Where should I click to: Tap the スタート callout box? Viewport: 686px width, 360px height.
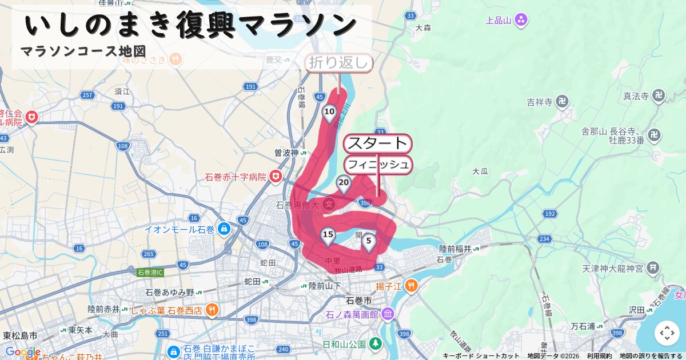[377, 143]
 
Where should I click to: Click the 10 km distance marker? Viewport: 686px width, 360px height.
[329, 112]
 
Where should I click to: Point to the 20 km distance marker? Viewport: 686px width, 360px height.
[344, 184]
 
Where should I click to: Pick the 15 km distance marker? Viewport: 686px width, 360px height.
[328, 235]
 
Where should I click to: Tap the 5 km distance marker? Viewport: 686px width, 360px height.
[369, 241]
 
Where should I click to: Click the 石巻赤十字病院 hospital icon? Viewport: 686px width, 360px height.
[277, 177]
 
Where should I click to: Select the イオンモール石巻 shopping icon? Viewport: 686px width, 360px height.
[224, 229]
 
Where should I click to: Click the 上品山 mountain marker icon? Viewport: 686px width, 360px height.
[521, 21]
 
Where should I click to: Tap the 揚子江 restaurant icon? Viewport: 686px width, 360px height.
[411, 286]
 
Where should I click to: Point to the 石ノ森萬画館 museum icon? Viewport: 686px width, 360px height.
[388, 314]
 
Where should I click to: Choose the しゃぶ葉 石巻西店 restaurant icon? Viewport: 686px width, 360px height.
[212, 310]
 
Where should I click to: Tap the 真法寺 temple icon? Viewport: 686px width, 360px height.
[659, 95]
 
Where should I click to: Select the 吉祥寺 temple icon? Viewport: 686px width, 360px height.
[563, 102]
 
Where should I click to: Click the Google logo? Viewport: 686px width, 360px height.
[23, 352]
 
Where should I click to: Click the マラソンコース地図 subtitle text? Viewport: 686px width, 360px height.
[83, 51]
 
